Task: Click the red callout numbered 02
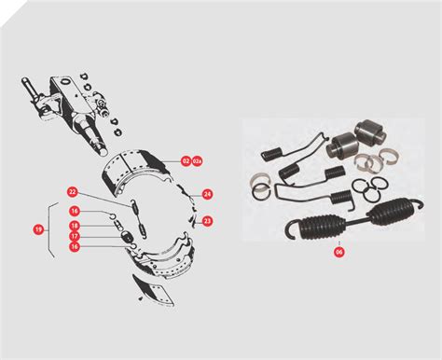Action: pos(186,161)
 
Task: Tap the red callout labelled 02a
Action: pos(198,161)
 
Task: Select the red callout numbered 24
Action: pos(207,195)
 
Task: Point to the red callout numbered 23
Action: pos(207,221)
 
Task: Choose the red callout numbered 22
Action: pos(73,192)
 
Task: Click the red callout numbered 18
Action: pos(74,226)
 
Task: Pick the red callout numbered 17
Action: pos(74,237)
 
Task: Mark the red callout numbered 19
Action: pos(38,228)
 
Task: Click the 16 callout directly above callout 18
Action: pos(74,212)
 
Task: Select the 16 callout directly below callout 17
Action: pos(74,248)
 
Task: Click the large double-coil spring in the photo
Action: pos(346,224)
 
